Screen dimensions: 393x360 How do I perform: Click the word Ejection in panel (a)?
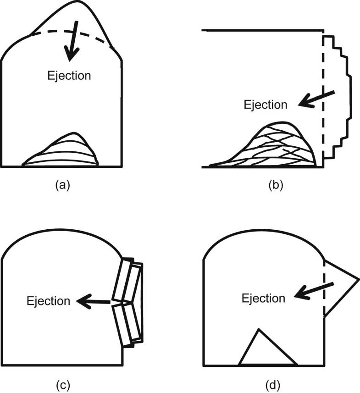[x=69, y=75]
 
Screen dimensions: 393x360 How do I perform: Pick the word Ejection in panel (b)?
[x=266, y=105]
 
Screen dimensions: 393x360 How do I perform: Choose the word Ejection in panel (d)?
[x=264, y=299]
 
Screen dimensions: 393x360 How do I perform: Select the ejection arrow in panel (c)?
[x=94, y=302]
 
